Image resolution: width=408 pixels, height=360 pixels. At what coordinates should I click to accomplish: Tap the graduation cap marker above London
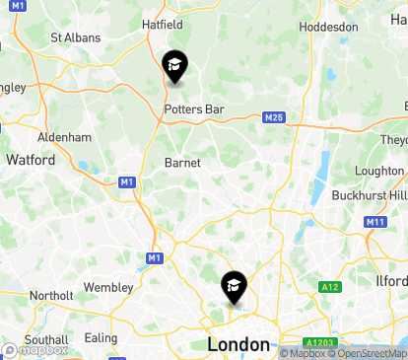(x=234, y=288)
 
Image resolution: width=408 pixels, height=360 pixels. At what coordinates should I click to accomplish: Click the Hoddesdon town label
(x=328, y=27)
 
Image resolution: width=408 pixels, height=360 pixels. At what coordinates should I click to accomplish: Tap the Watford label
(x=30, y=158)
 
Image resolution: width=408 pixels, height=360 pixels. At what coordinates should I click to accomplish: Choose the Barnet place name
(x=182, y=163)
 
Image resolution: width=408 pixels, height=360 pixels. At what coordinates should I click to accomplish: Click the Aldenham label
(x=64, y=137)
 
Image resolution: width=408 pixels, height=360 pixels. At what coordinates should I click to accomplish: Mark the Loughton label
(x=379, y=171)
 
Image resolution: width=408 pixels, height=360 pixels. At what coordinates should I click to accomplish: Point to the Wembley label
(x=107, y=287)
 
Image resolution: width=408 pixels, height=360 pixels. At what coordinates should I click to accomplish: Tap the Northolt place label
(x=50, y=295)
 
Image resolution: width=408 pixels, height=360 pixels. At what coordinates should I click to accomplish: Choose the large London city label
(x=238, y=344)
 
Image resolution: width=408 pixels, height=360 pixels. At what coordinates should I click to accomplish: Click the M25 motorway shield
(x=274, y=118)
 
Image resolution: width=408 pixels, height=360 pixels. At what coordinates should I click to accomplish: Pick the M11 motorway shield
(x=374, y=222)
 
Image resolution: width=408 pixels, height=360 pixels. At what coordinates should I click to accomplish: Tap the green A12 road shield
(x=329, y=287)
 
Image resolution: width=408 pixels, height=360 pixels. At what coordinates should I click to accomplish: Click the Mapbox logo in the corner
(x=35, y=349)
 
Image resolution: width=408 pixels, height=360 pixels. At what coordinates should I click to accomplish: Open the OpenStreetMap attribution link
(x=367, y=353)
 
